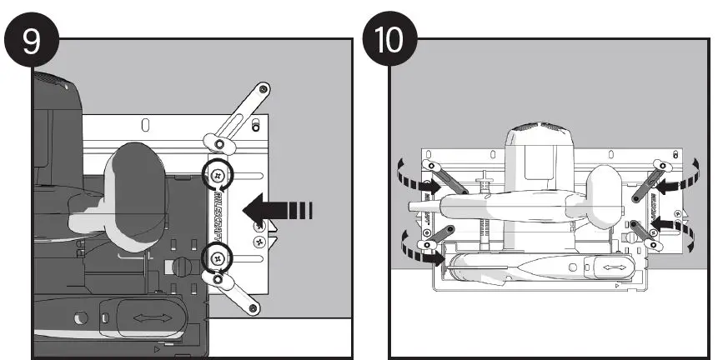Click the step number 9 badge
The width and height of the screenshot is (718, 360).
click(31, 42)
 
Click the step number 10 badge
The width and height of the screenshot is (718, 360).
click(389, 42)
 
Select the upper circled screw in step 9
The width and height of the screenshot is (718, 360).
click(218, 174)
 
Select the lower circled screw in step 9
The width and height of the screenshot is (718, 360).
click(218, 257)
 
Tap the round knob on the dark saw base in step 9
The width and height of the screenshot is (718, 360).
click(179, 267)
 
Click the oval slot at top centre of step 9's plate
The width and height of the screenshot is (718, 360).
click(145, 126)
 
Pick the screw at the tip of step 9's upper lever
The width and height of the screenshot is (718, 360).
click(264, 88)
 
